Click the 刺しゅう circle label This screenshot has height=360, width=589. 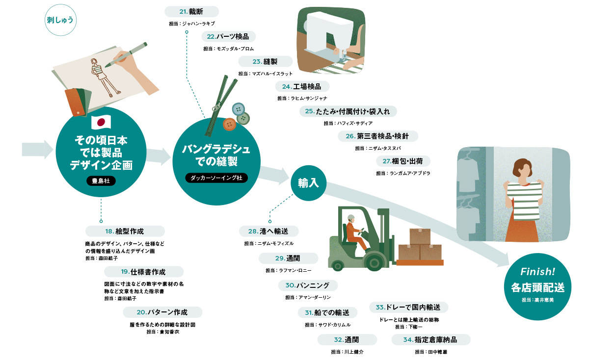[60, 20]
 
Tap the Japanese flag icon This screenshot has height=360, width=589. [101, 122]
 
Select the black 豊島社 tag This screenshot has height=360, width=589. [101, 181]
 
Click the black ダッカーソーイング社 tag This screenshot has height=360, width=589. [216, 178]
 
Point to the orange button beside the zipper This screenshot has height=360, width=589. [229, 124]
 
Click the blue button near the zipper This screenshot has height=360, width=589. [238, 109]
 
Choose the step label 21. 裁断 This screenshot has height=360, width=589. [192, 12]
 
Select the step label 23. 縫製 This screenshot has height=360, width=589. [266, 61]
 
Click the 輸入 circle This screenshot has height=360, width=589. [308, 183]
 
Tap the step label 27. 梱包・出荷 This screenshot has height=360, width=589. [403, 161]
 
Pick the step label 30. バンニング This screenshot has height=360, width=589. [308, 285]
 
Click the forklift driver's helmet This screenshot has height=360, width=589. [351, 218]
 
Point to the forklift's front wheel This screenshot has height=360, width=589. [374, 262]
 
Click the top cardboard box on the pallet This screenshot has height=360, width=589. [420, 236]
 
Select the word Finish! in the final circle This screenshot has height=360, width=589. [538, 272]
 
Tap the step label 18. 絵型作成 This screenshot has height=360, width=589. [125, 231]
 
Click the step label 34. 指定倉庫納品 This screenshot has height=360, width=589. [431, 339]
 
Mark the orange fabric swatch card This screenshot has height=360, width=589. [76, 102]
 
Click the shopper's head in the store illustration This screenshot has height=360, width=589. [523, 169]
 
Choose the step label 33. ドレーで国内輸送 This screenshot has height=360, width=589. [408, 307]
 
